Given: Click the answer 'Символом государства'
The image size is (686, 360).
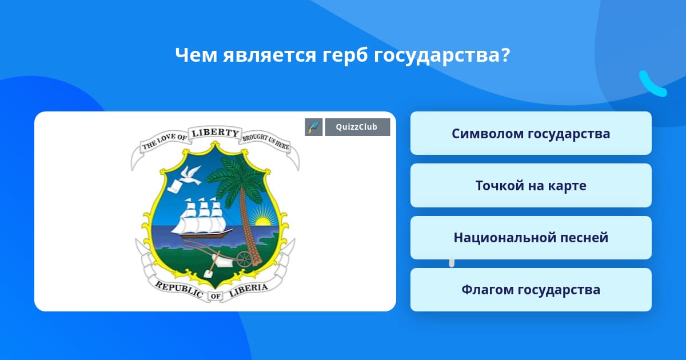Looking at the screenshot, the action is pos(531,133).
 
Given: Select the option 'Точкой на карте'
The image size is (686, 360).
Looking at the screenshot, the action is pos(531,185).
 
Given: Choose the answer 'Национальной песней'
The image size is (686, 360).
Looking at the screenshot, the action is pos(531,238).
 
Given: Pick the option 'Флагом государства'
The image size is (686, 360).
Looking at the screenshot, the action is pos(531,290).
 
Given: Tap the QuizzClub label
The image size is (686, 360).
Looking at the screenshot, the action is pos(357,127).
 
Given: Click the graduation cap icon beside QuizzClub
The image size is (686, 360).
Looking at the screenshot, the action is pos(314,127).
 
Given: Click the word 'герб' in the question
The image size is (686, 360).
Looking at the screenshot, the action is pos(345,55).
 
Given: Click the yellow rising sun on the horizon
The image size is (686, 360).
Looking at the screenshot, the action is pos(262,221).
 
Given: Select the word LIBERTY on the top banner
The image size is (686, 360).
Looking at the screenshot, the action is pos(215,133).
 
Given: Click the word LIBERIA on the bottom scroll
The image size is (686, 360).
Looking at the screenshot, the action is pos(248,290).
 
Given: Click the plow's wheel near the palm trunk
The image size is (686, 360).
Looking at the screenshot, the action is pos(245,259).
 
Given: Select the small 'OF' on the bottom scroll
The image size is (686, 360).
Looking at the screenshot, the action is pos(216,296).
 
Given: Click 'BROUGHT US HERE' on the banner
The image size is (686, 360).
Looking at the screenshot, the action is pos(266,142).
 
